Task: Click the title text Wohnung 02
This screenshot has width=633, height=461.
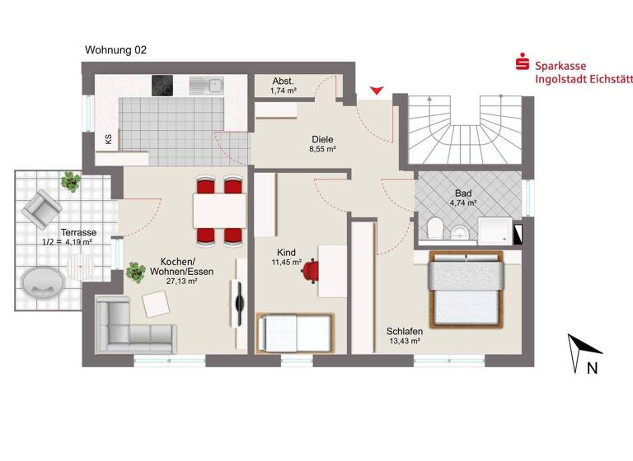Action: pos(116,50)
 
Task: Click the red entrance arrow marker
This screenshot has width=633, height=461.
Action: pos(377,91)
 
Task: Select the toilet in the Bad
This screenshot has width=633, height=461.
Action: pos(437,227)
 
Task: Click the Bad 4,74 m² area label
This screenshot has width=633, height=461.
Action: pos(463,197)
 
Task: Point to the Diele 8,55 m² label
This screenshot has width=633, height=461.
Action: pos(322,145)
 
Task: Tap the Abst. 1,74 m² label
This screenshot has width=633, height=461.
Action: pos(284,86)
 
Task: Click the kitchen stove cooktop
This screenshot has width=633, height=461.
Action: pos(162,85)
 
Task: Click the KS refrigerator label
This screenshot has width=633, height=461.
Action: pos(108,139)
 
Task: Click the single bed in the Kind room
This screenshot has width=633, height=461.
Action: pos(294,333)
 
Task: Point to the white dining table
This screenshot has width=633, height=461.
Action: pos(218,210)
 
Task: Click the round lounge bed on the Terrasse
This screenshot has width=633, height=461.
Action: pos(43,285)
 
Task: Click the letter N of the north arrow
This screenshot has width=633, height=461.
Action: pos(592,369)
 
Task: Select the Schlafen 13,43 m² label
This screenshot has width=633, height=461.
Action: pos(404,335)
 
